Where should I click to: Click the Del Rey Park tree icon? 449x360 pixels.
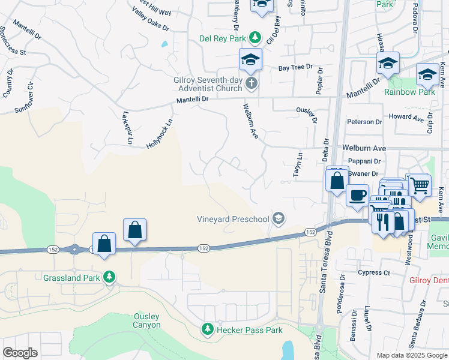[x=255, y=38]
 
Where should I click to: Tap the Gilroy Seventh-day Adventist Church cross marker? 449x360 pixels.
[x=252, y=83]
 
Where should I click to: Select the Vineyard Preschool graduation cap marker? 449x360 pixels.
[x=279, y=218]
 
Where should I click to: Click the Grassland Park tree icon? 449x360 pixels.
[x=109, y=277]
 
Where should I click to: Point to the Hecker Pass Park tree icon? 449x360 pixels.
[x=207, y=329]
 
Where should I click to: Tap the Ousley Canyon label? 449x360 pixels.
[x=147, y=320]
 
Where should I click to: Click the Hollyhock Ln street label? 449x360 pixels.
[x=160, y=133]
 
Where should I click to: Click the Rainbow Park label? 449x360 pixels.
[x=410, y=92]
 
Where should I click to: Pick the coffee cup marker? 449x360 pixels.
[x=358, y=194]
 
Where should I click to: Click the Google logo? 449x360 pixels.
[x=20, y=353]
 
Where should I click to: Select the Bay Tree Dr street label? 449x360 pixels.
[x=296, y=67]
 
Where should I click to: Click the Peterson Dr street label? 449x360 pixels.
[x=364, y=122]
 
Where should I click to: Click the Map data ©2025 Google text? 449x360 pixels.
[x=412, y=355]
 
